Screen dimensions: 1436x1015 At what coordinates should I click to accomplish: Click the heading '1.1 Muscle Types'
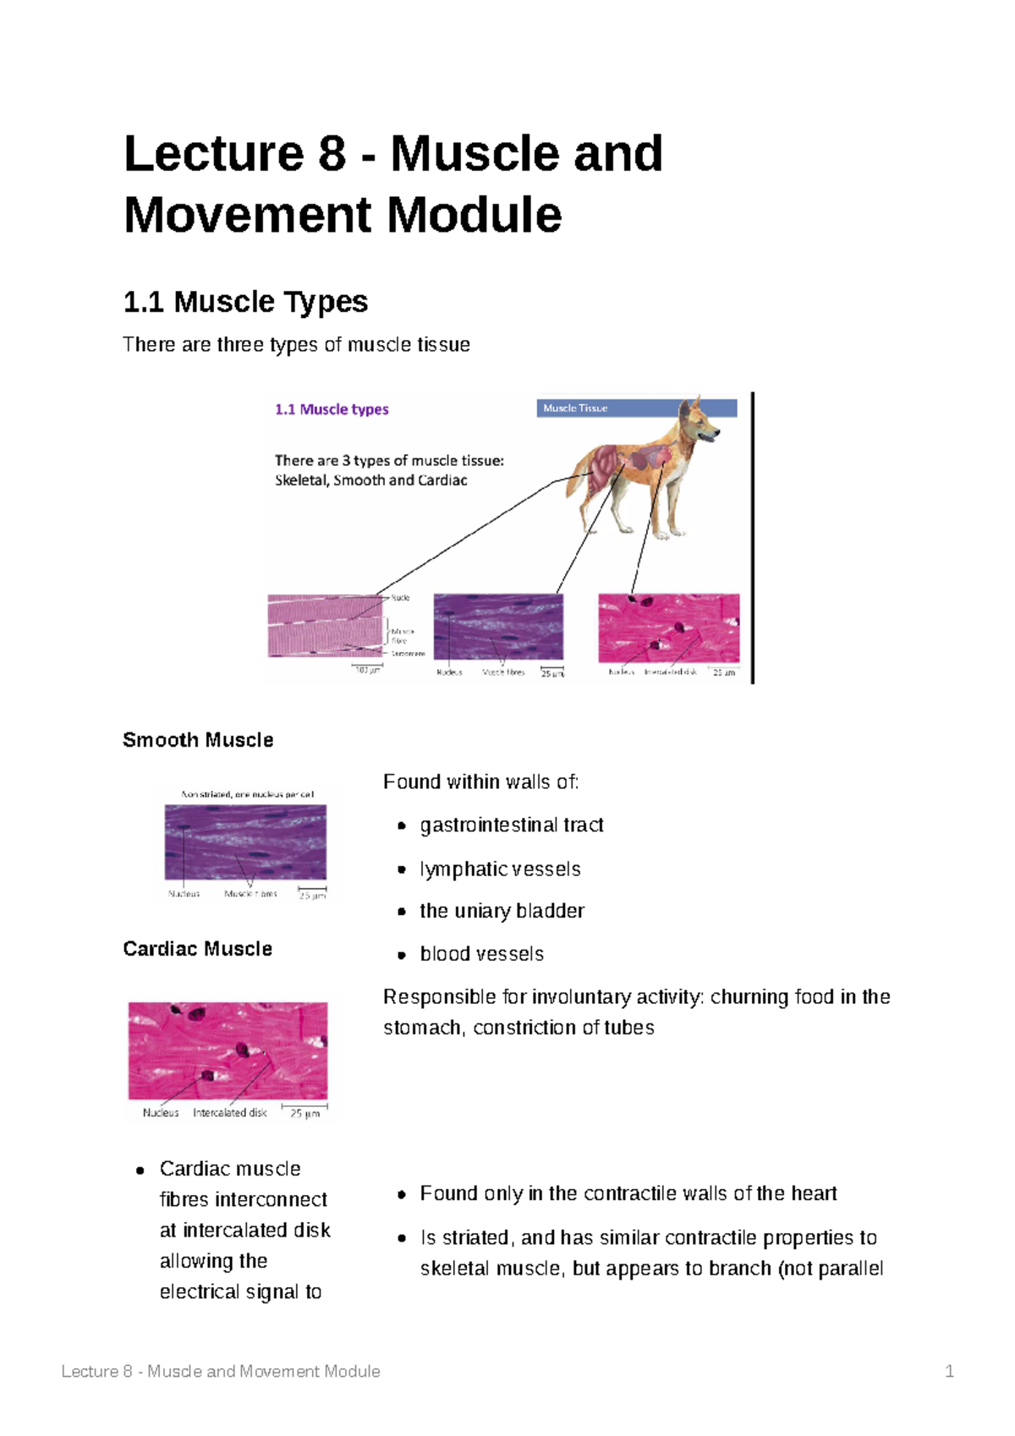[245, 302]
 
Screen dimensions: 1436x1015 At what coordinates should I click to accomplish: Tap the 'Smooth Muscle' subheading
[198, 740]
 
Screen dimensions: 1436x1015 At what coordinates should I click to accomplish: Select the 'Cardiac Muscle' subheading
[197, 949]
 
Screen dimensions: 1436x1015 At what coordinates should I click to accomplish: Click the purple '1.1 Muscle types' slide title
[332, 409]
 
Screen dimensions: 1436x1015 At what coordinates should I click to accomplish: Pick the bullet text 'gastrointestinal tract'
[512, 825]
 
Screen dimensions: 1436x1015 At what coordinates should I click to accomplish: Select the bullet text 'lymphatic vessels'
[500, 869]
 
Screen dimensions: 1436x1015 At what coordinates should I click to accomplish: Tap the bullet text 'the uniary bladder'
[502, 911]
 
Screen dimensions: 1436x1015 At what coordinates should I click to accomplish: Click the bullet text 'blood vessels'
[481, 954]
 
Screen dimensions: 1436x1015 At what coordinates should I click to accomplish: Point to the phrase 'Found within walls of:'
[480, 782]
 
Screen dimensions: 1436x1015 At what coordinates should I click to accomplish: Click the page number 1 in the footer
[949, 1371]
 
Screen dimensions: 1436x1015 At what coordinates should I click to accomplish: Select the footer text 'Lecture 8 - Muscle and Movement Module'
[221, 1371]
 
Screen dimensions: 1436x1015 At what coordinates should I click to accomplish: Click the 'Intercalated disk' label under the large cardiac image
[229, 1113]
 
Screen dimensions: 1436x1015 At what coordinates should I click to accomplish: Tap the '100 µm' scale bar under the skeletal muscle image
[367, 670]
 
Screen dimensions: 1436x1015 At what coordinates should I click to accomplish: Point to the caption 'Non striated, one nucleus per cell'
[247, 794]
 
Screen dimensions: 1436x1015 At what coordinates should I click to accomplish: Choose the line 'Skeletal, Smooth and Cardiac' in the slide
[370, 480]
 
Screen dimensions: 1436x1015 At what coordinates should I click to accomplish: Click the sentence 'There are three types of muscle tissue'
[296, 345]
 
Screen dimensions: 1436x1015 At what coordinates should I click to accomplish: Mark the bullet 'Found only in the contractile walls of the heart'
[628, 1193]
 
